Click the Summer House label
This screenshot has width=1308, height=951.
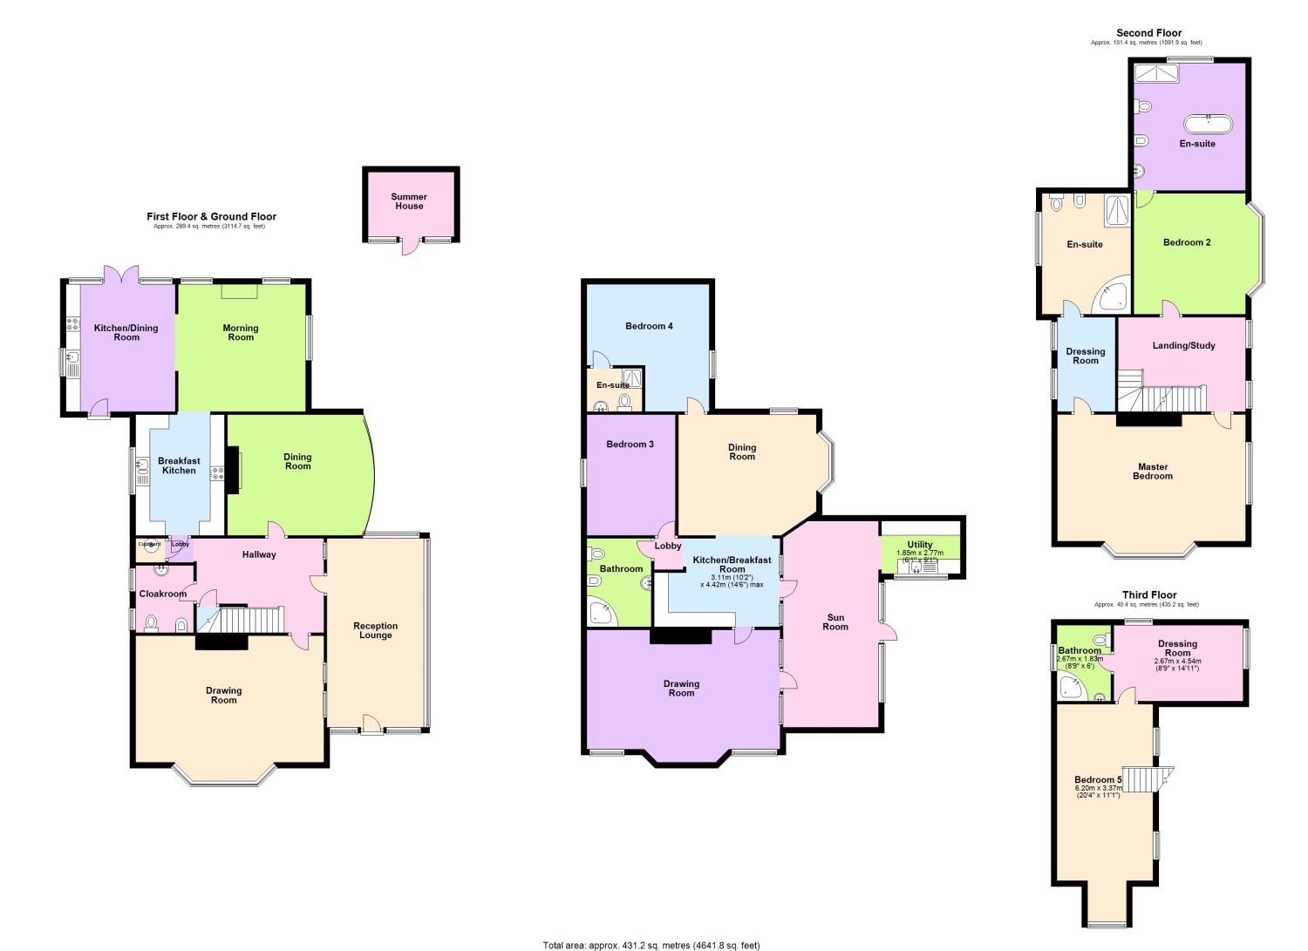click(409, 201)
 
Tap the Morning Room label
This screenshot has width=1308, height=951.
click(241, 333)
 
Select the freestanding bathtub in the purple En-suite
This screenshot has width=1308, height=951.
click(1208, 125)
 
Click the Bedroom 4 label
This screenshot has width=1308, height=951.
click(649, 326)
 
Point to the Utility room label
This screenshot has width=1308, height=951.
click(920, 545)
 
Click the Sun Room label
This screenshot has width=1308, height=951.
click(835, 622)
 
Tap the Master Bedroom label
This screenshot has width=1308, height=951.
click(1153, 472)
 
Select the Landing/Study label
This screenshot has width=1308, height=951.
click(1183, 346)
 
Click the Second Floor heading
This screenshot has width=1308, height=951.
click(1148, 33)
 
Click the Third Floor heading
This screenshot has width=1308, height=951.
click(1148, 594)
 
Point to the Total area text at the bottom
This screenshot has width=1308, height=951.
click(651, 945)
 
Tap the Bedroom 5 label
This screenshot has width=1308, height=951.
click(1097, 780)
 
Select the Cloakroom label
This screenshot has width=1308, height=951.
click(163, 594)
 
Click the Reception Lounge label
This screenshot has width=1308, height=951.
click(376, 630)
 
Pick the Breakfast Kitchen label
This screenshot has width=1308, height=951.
click(179, 465)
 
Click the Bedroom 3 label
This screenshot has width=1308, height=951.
click(630, 445)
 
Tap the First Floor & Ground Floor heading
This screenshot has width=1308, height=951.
click(211, 216)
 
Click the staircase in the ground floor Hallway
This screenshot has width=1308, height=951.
click(249, 620)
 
